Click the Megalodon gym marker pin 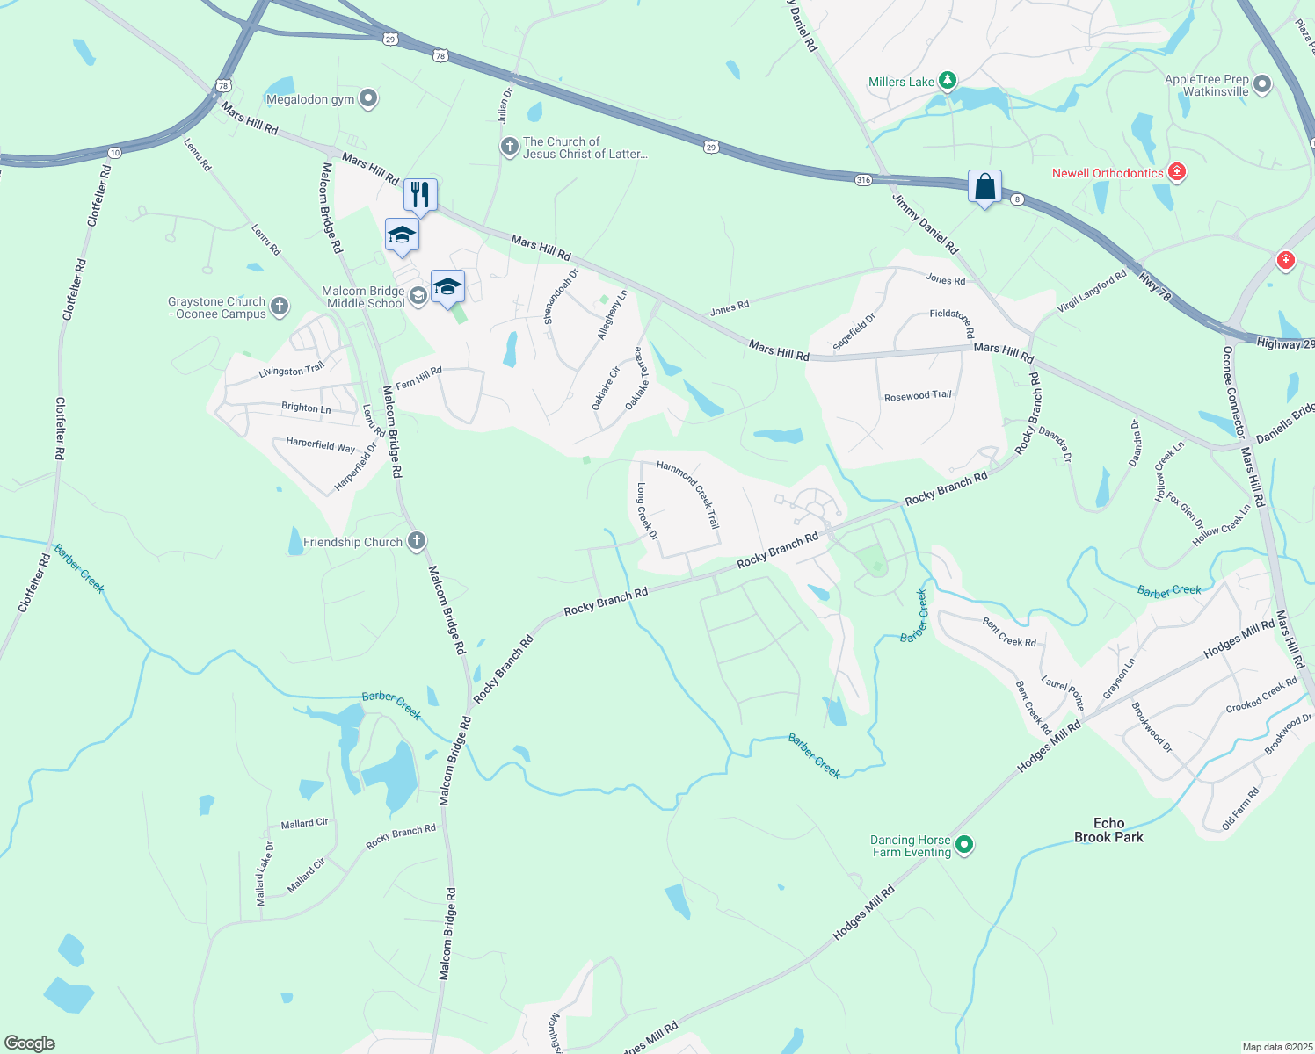tap(368, 99)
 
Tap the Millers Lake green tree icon tap(947, 82)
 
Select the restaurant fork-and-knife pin tap(420, 195)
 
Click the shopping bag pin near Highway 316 tap(984, 187)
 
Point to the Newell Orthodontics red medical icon tap(1176, 172)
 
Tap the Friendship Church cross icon tap(418, 541)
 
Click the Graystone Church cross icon tap(280, 307)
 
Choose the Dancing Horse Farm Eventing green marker tap(964, 845)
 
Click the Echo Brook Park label tap(1108, 830)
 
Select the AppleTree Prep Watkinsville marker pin tap(1262, 85)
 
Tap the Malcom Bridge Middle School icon tap(418, 295)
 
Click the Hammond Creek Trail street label tap(688, 494)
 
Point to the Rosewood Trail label tap(918, 396)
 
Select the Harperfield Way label tap(320, 444)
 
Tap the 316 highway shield tap(863, 180)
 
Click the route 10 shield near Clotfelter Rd tap(114, 153)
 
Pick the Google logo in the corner tap(29, 1043)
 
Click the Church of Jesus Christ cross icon tap(509, 147)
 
